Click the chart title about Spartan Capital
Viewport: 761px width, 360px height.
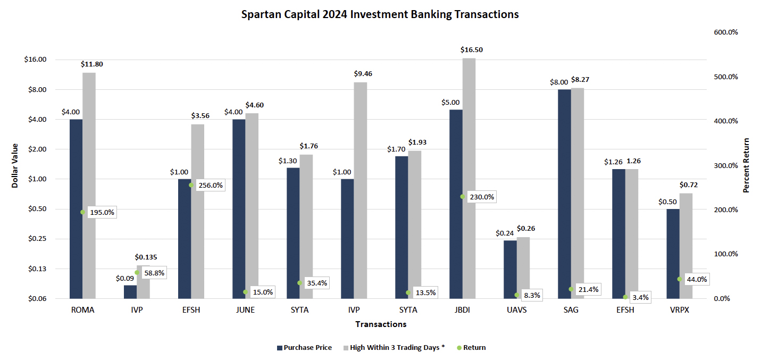click(x=380, y=15)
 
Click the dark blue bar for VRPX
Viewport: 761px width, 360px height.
click(x=673, y=253)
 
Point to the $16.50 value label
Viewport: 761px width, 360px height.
click(x=471, y=49)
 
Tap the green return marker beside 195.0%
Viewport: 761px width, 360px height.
click(x=82, y=212)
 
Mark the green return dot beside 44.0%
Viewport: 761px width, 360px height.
click(x=679, y=279)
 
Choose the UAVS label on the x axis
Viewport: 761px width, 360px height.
click(x=516, y=310)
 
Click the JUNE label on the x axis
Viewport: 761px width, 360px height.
click(x=245, y=310)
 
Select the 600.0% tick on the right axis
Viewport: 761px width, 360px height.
click(x=726, y=32)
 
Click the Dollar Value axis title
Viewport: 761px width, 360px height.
click(x=15, y=165)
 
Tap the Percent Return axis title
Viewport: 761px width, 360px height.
click(x=746, y=165)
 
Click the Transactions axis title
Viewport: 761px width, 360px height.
click(x=381, y=324)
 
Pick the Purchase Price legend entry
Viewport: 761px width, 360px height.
click(x=304, y=348)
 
